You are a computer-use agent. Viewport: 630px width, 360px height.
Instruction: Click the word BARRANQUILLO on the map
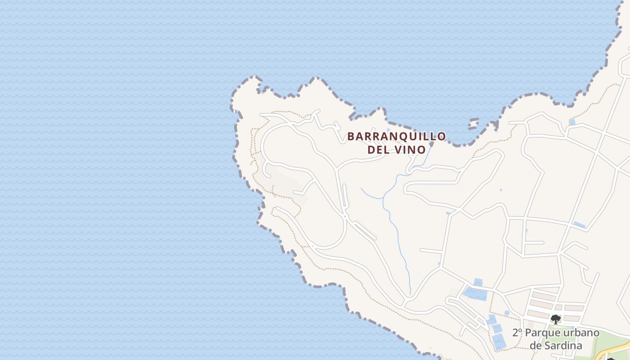[x=396, y=136]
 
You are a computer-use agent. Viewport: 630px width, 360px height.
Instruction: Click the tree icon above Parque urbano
[x=556, y=319]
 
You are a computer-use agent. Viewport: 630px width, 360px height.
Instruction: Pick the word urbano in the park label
[x=583, y=333]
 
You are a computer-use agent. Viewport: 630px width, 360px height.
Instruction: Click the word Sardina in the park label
[x=562, y=346]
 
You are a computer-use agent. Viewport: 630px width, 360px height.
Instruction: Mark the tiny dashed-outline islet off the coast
[x=473, y=123]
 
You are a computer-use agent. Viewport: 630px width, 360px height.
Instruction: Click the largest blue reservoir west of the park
[x=475, y=294]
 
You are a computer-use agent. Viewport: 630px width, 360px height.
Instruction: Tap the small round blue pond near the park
[x=507, y=313]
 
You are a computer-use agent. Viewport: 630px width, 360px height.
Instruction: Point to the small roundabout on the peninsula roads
[x=344, y=216]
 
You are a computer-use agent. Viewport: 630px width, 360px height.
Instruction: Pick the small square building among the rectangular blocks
[x=558, y=307]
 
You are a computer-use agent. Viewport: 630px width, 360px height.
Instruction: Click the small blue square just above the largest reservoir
[x=478, y=282]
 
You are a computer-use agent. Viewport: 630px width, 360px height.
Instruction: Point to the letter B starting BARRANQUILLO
[x=351, y=136]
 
